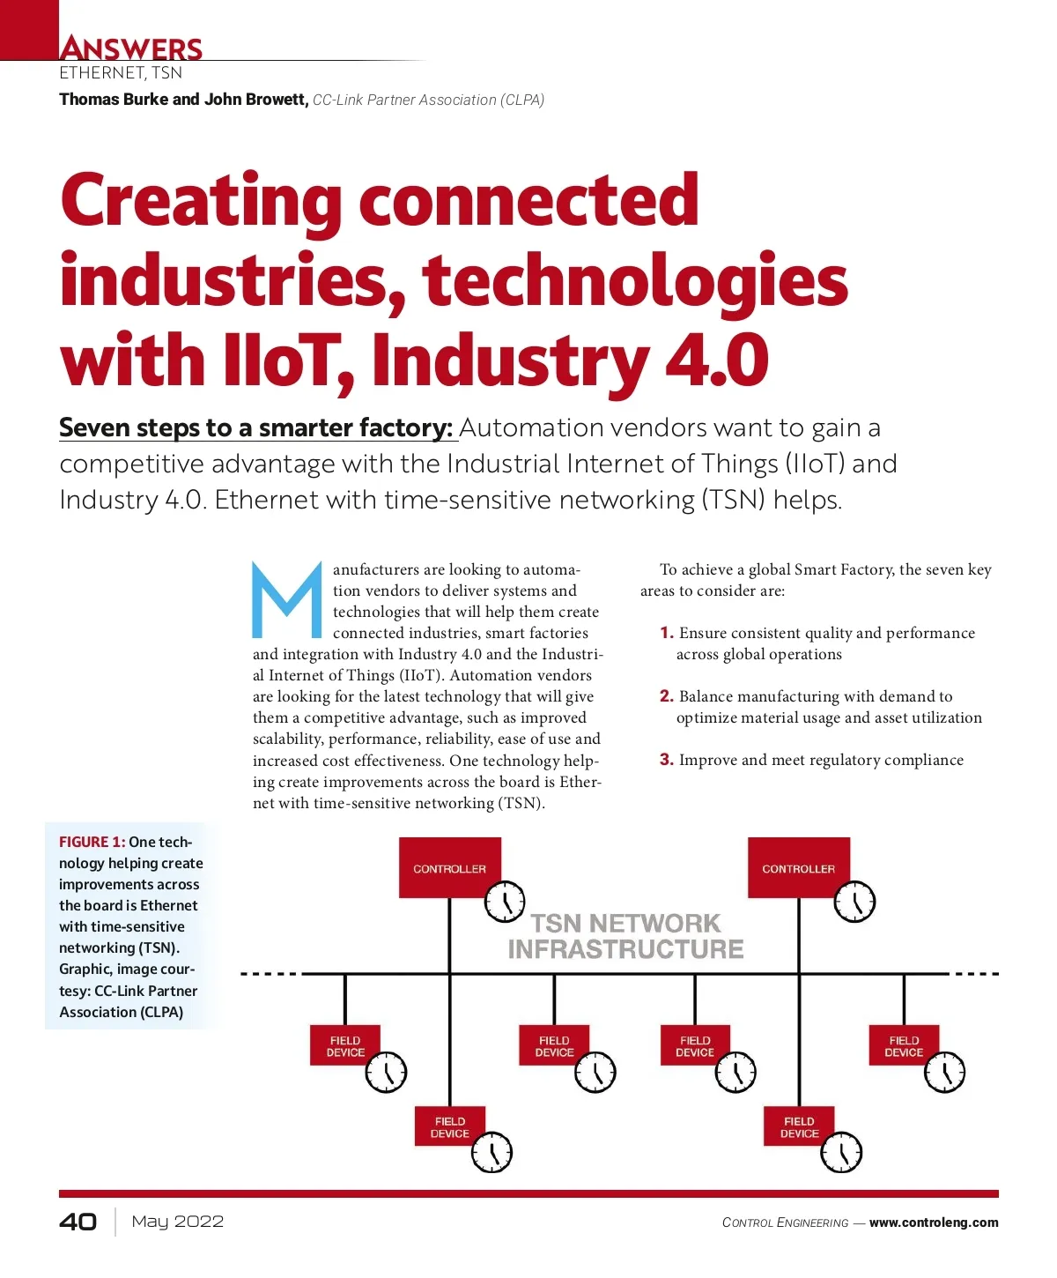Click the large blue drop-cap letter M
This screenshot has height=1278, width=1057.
coord(287,600)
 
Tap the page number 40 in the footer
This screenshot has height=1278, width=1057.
coord(78,1222)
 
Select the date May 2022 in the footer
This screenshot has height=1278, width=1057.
coord(177,1222)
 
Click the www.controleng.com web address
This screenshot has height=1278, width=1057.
coord(934,1222)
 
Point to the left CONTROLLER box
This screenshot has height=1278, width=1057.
coord(449,868)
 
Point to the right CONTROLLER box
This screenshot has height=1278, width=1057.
coord(798,868)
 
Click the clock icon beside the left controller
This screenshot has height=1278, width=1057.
coord(505,902)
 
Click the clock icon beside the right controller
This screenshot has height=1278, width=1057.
coord(854,902)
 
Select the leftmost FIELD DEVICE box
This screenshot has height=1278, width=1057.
coord(345,1046)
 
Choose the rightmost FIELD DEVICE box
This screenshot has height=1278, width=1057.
coord(904,1046)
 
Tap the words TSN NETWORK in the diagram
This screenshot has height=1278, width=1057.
coord(625,923)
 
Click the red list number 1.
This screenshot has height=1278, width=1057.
coord(667,633)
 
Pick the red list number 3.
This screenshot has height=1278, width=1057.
coord(667,760)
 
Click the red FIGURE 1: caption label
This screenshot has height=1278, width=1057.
coord(92,842)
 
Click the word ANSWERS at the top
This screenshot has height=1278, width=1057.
coord(131,48)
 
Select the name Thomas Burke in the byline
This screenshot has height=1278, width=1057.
coord(114,100)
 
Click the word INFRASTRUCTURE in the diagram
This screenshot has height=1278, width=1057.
coord(625,949)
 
